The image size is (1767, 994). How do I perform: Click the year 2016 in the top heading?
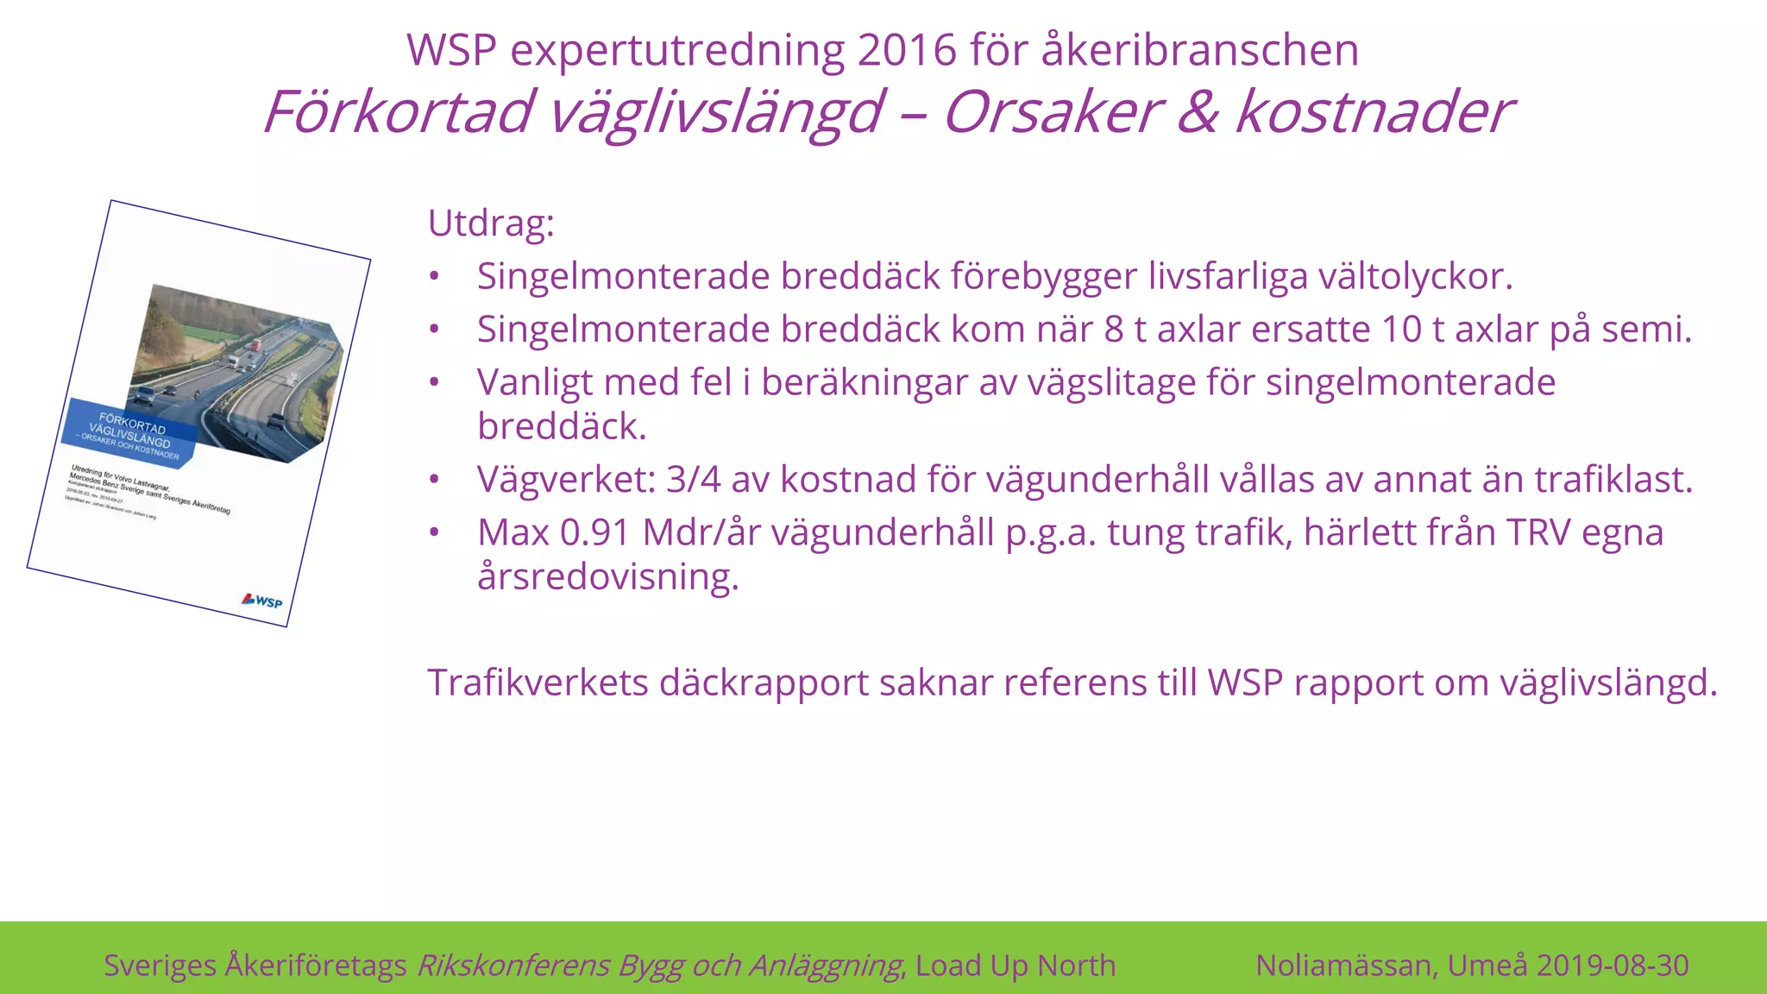coord(907,50)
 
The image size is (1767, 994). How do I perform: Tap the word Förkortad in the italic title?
coord(398,112)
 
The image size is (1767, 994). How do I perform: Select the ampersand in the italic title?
coord(1197,112)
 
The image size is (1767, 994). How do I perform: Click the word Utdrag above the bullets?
coord(490,223)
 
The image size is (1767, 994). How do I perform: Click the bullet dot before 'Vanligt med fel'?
coord(435,382)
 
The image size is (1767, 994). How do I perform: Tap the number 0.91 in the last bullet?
coord(594,532)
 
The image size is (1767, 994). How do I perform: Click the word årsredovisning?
coord(607,576)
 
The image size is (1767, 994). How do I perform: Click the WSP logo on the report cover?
coord(262,601)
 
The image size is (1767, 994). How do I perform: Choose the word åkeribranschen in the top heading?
coord(1200,50)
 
